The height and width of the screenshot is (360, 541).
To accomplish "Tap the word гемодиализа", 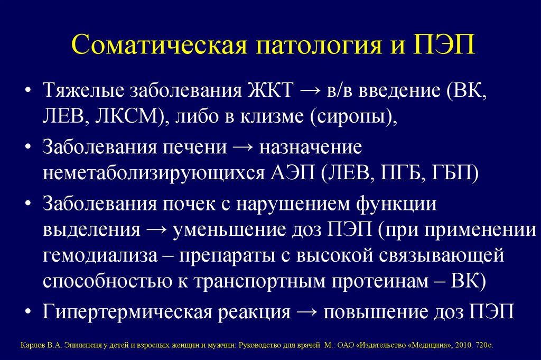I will (100, 256).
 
